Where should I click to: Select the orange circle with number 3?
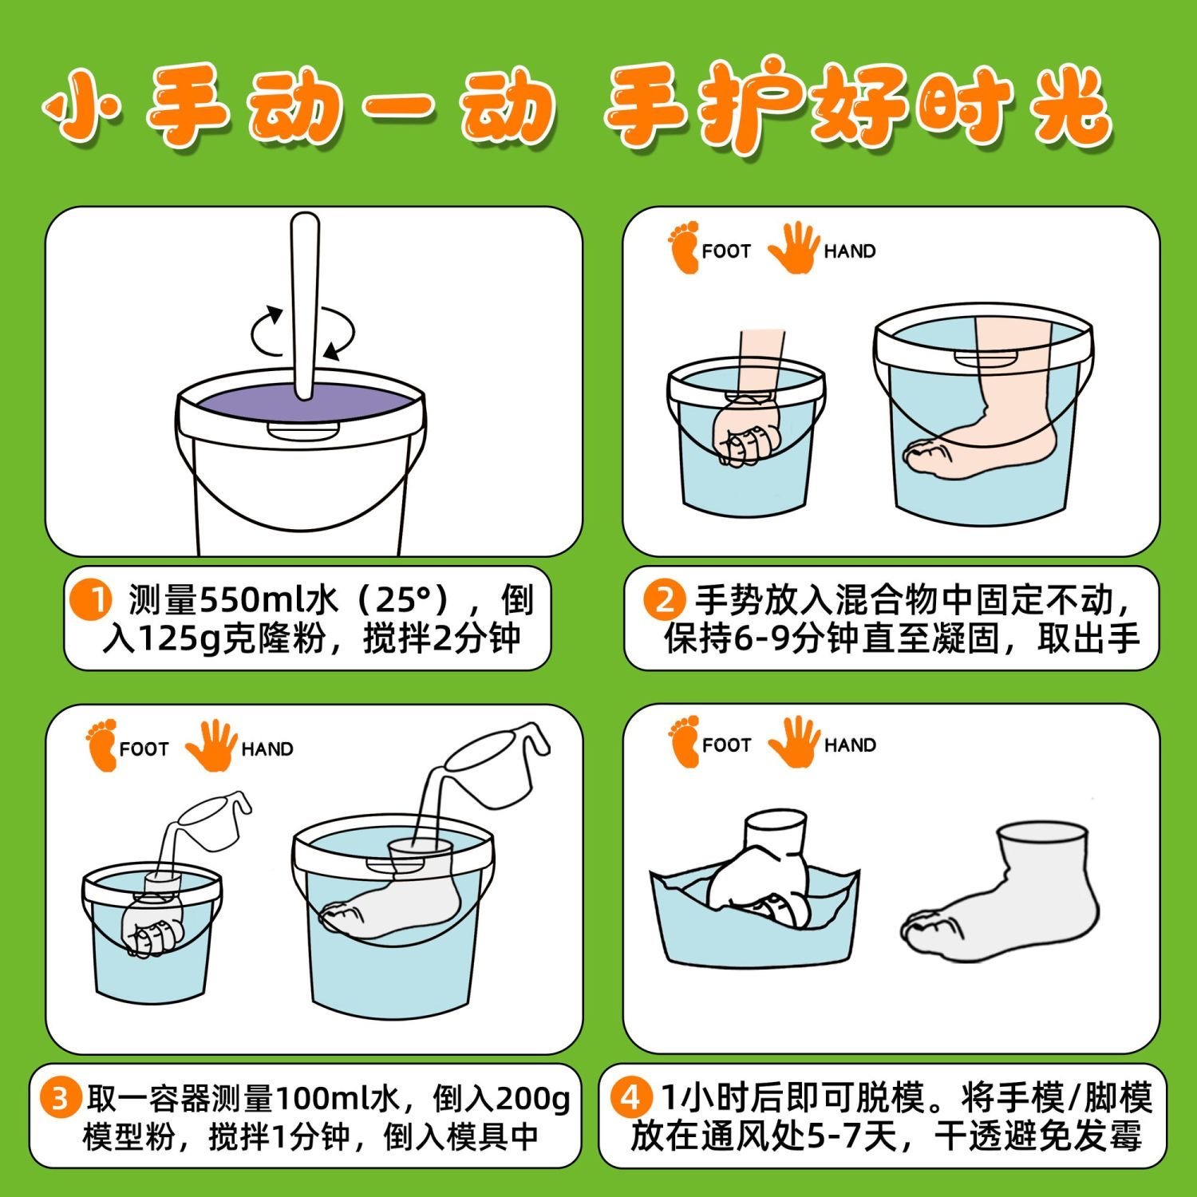(61, 1099)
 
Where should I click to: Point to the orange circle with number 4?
(630, 1099)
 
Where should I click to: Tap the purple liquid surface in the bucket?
(299, 405)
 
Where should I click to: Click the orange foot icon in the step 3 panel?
(101, 745)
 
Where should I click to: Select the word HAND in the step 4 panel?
(850, 745)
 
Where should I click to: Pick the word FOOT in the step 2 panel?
(726, 251)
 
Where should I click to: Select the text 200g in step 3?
(533, 1099)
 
